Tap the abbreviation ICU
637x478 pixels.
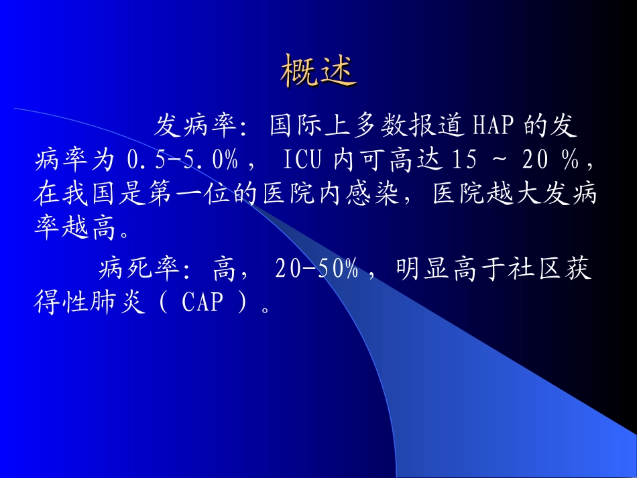coord(303,160)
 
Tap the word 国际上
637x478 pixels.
coord(310,125)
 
